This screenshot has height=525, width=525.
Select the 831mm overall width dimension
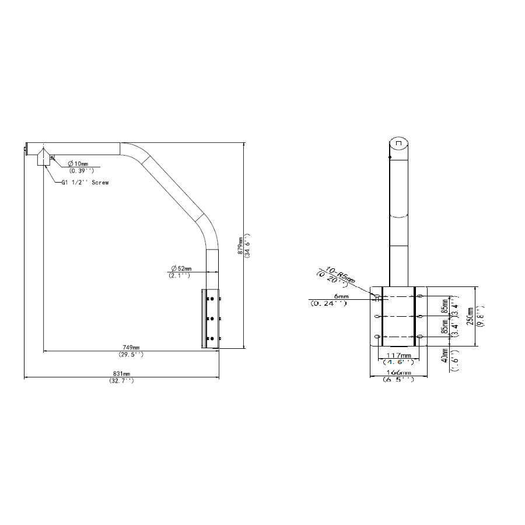121,373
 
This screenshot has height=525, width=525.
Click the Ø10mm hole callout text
78,163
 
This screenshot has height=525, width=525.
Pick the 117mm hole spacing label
399,355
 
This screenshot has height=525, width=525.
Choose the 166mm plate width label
398,373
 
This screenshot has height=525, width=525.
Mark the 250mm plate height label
471,317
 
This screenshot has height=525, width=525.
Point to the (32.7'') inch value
121,380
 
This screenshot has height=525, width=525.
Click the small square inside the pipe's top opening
398,142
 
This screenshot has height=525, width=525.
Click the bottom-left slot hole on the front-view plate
377,337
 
